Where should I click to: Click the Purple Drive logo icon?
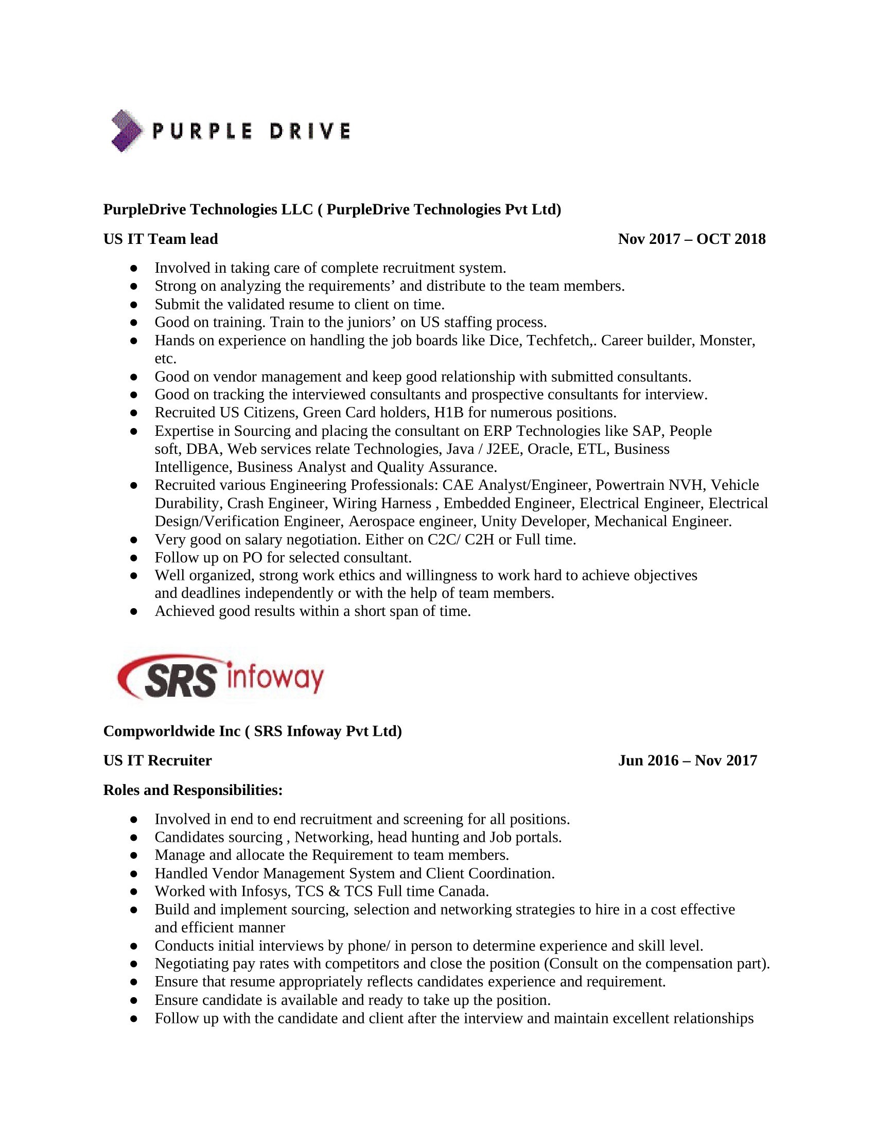click(126, 131)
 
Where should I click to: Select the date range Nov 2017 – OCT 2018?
click(691, 239)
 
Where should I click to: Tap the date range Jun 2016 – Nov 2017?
click(687, 760)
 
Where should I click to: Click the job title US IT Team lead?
click(161, 239)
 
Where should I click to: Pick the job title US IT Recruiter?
click(157, 760)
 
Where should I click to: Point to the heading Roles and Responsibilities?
click(193, 790)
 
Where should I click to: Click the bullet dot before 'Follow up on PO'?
click(134, 558)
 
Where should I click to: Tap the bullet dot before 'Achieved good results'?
click(134, 612)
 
